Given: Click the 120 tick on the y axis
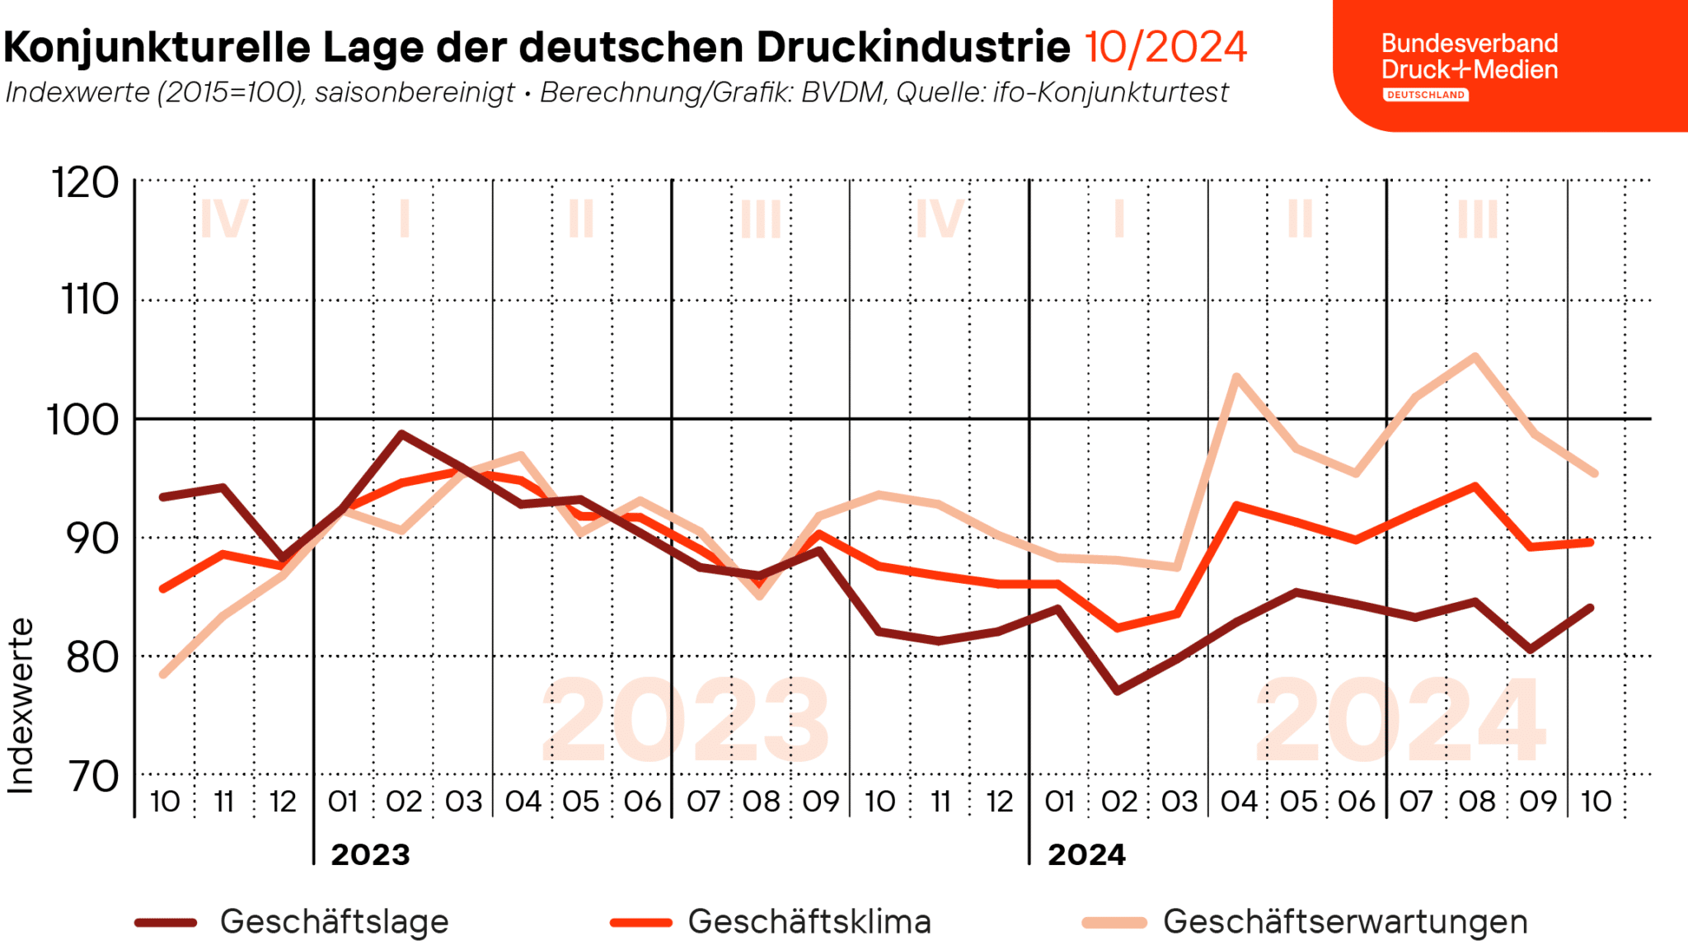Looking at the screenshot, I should (x=86, y=182).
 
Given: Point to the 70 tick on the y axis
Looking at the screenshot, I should (x=93, y=776).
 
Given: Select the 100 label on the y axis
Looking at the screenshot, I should (x=82, y=420).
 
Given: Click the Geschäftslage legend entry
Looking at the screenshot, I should (x=334, y=921).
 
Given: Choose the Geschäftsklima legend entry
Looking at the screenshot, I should (x=809, y=921).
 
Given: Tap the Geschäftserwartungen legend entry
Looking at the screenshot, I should (x=1345, y=921).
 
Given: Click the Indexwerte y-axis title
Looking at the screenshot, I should (x=21, y=706).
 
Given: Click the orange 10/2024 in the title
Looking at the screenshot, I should (x=1165, y=47).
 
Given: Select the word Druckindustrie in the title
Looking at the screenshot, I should (x=913, y=47).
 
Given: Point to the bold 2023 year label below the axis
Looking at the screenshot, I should (x=370, y=854).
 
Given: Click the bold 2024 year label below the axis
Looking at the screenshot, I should (x=1086, y=854).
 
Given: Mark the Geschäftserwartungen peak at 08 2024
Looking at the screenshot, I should (x=1475, y=356).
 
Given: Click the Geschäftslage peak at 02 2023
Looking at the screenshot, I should (x=401, y=433).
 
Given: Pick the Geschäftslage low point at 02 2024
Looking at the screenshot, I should (x=1117, y=690).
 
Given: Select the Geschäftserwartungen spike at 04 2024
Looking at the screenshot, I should (x=1236, y=377).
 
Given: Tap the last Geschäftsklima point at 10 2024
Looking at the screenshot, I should (x=1591, y=542).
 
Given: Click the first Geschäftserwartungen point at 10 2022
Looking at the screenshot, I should (x=163, y=675).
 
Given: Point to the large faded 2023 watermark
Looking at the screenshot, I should (x=686, y=719).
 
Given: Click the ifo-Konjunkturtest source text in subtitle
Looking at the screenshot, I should (x=1110, y=92).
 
